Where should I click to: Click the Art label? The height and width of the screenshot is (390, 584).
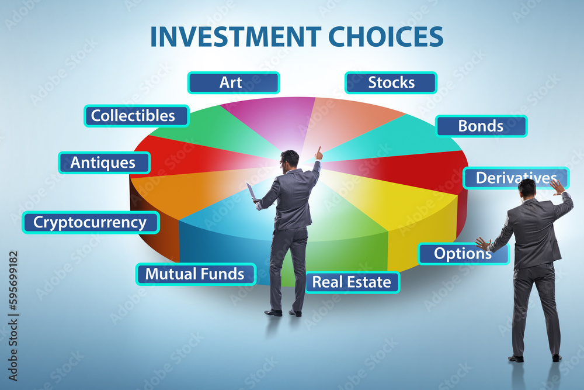tap(234, 82)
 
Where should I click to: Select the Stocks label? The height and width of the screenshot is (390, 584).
tap(391, 82)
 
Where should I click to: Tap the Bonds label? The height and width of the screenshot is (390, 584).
tap(481, 126)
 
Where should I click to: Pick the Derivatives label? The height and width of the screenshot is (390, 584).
tap(516, 178)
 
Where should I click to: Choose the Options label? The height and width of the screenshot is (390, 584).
tap(463, 254)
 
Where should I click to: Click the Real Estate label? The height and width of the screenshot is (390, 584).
tap(352, 282)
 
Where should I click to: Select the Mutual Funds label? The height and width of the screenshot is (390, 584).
tap(196, 274)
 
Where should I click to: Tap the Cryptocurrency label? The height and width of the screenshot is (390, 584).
tap(91, 222)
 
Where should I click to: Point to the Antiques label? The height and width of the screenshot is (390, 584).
tap(105, 163)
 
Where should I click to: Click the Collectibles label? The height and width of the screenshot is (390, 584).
tap(136, 116)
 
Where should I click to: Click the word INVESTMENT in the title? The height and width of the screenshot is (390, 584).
tap(236, 36)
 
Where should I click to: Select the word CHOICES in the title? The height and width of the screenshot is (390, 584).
tap(385, 36)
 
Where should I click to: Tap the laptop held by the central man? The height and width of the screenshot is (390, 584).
tap(251, 191)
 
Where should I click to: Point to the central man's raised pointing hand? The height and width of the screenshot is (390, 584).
tap(318, 153)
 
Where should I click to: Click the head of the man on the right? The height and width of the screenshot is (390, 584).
tap(527, 188)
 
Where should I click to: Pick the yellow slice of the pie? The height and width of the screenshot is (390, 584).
tap(402, 201)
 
